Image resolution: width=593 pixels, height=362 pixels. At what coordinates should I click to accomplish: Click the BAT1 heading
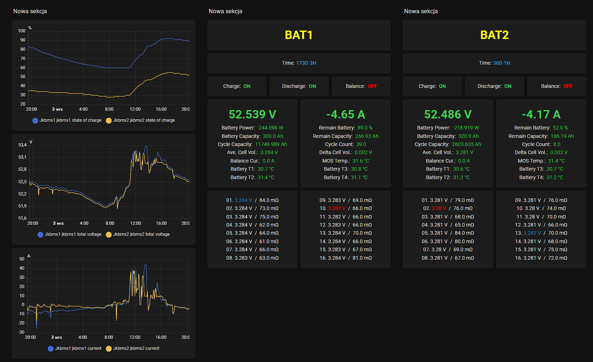(299, 35)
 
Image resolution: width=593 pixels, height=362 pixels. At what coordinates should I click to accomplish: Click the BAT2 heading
(494, 35)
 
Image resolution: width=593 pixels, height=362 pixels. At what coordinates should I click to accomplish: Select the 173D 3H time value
(306, 63)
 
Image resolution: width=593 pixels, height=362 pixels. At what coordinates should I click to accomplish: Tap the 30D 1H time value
(502, 63)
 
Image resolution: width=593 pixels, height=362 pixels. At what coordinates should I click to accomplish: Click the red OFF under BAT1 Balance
(372, 86)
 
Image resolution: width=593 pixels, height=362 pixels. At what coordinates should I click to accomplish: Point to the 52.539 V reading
(252, 114)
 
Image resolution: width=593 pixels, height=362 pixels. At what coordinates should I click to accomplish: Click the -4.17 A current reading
(541, 114)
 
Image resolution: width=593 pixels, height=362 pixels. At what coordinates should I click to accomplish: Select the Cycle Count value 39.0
(361, 145)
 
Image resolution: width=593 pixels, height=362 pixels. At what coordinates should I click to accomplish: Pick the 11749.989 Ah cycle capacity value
(271, 145)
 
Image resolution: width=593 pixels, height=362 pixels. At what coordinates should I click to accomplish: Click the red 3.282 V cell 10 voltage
(337, 209)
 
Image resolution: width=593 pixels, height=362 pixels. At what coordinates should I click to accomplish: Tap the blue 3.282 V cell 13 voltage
(532, 233)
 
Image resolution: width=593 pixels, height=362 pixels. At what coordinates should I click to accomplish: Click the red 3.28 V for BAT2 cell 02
(439, 209)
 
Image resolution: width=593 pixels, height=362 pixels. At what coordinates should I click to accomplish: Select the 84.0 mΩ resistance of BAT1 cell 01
(269, 200)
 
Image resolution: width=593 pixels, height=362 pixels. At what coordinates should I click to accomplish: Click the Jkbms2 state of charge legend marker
(108, 121)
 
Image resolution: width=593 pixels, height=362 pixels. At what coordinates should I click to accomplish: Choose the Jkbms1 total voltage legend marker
(40, 235)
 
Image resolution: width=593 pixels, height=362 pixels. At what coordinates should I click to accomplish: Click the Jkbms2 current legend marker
(108, 348)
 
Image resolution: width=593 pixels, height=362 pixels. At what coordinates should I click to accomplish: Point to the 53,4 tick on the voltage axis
(22, 145)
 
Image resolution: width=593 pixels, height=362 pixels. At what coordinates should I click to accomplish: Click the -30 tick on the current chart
(21, 332)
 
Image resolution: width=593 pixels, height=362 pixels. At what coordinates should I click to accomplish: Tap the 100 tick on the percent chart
(22, 31)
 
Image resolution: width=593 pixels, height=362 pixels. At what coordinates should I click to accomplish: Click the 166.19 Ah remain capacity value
(562, 136)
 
